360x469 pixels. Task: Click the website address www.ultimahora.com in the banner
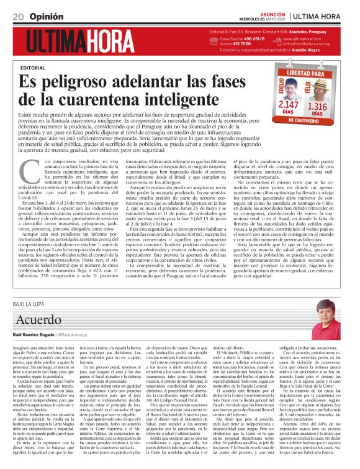[305, 38]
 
